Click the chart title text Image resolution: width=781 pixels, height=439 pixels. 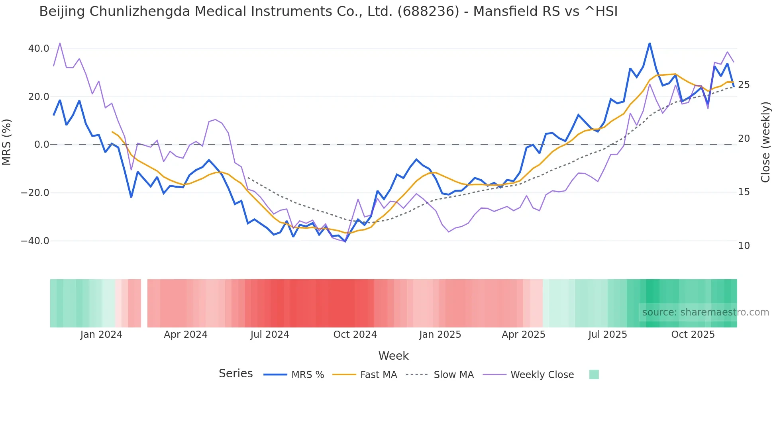328,12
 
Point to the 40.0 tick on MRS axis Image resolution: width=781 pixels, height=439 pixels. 39,49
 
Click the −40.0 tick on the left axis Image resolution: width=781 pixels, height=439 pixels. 35,241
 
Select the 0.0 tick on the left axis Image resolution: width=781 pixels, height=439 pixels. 41,145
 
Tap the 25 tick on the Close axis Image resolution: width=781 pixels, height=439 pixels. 744,85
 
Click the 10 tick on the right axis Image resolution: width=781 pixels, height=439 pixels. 744,246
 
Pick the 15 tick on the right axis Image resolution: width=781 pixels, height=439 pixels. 744,192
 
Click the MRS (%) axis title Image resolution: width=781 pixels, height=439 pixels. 7,142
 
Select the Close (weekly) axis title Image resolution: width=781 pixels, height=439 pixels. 765,142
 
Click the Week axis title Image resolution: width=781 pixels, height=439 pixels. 393,356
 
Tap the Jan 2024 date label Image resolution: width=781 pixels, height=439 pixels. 101,335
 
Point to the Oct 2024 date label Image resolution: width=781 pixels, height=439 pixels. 355,335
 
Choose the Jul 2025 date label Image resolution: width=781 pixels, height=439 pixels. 608,335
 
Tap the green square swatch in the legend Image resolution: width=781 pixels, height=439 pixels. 594,374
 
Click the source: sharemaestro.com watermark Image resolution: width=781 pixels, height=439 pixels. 705,312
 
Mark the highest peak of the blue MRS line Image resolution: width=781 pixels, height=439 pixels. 650,43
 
